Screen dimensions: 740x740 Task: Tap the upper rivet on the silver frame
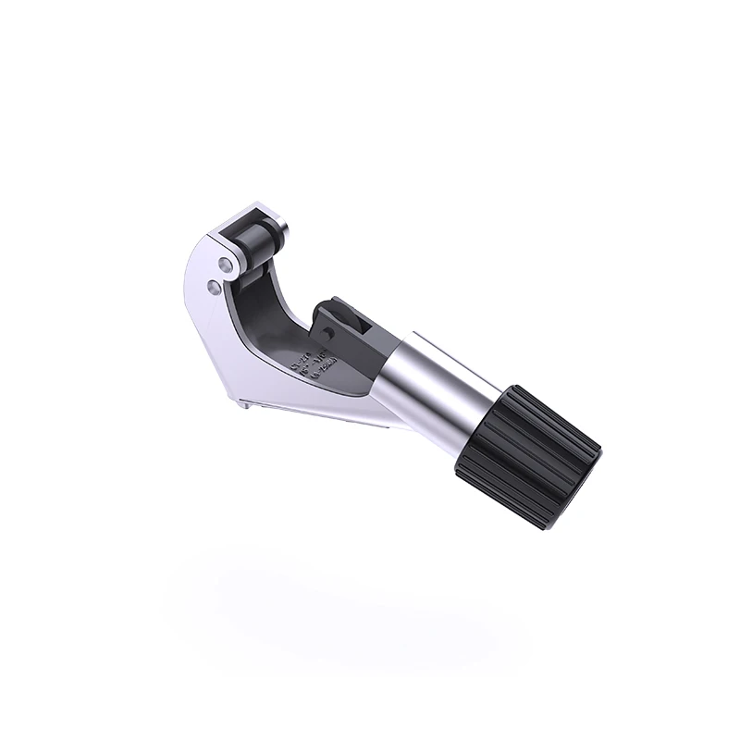pos(225,265)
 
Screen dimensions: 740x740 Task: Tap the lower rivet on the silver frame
pos(215,289)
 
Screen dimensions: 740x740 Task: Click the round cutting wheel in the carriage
pos(351,319)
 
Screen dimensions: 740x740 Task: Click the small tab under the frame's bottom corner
pos(242,399)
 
